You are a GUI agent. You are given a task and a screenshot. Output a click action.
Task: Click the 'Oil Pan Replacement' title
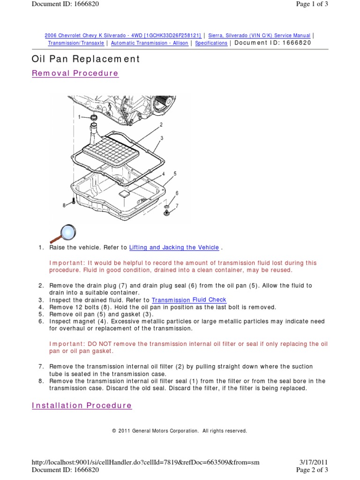coord(85,59)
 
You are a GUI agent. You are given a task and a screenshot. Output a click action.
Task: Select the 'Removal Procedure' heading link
coord(75,74)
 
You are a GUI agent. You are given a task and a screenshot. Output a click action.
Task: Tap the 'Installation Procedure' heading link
coord(82,405)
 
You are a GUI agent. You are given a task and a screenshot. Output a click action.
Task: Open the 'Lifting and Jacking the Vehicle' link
coord(174,247)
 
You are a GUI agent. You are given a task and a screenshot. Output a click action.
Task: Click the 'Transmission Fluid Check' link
coord(189,300)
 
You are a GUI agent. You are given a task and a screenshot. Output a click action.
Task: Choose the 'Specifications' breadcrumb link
coord(211,43)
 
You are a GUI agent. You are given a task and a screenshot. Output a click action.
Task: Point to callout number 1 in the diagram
coord(80,117)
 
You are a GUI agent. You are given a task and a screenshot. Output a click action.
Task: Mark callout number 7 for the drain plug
coord(177,205)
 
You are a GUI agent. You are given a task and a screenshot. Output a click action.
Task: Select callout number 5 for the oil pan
coord(174,173)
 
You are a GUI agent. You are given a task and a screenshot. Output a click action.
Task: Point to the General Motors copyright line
coord(180,431)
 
